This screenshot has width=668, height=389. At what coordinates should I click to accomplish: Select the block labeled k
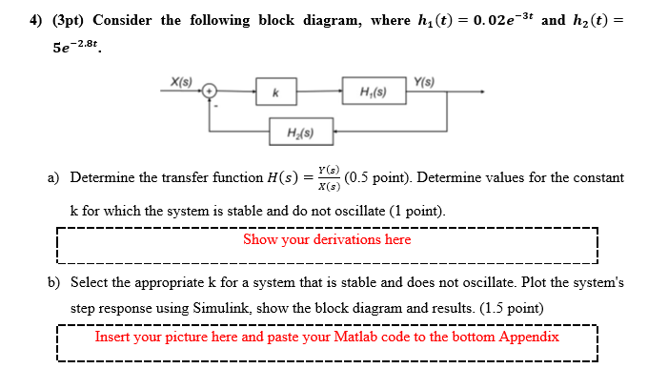274,92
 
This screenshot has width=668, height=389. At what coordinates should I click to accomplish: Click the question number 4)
13,20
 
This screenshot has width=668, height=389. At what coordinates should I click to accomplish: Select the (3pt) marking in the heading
48,20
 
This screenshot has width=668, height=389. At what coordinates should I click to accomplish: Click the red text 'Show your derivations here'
327,239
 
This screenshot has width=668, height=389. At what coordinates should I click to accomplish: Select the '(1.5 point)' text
511,309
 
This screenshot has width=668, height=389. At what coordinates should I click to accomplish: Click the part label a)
54,177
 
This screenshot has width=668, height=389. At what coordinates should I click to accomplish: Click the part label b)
54,283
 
